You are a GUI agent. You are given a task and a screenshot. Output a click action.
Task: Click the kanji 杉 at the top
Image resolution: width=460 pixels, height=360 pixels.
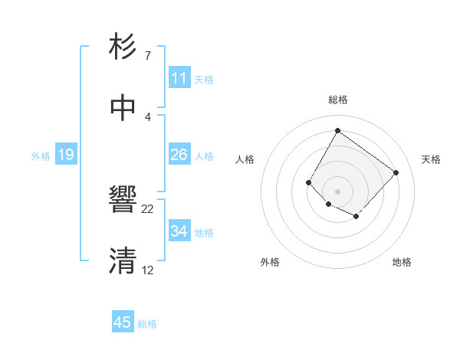click(123, 47)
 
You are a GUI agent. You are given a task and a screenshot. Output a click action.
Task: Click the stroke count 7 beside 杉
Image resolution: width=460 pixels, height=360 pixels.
click(147, 56)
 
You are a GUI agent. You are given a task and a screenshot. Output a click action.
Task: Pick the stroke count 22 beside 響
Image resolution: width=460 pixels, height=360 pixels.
click(148, 208)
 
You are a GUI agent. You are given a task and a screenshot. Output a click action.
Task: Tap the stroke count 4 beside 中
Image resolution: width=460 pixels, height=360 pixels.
click(147, 116)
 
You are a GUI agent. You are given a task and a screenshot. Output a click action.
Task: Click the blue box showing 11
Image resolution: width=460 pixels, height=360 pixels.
click(179, 78)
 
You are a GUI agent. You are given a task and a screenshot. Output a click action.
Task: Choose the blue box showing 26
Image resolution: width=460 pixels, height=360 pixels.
click(179, 155)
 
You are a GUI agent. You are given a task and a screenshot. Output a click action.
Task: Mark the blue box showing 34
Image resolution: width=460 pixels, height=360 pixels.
click(179, 231)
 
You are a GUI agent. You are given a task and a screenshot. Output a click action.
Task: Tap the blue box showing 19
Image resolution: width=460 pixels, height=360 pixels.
click(66, 155)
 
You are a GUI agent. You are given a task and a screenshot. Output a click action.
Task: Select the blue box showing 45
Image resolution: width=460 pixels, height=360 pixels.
click(123, 322)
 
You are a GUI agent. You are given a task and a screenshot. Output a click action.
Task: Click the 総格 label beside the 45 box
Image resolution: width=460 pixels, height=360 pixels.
click(147, 324)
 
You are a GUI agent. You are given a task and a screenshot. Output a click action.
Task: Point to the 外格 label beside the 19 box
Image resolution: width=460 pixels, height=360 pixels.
click(41, 156)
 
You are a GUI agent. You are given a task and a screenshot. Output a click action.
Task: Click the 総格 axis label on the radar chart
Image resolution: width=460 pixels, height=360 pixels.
click(338, 100)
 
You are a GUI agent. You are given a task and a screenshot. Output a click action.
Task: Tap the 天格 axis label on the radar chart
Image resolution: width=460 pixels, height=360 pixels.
click(431, 159)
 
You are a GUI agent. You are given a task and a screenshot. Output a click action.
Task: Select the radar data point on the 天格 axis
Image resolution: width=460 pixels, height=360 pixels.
click(396, 172)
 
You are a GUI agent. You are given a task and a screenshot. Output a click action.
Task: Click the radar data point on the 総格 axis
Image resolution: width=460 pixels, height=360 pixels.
click(337, 130)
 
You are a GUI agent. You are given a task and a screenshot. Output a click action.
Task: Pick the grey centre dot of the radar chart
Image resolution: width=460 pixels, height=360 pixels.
click(337, 191)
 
